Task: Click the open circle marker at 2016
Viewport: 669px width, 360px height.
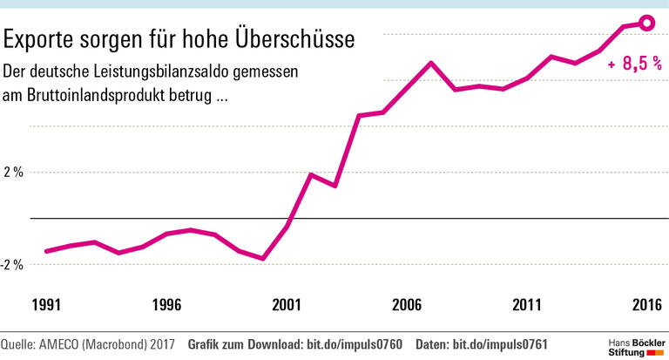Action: click(646, 24)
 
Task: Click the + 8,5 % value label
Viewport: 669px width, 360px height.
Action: click(634, 65)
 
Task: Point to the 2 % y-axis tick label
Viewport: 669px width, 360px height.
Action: click(13, 173)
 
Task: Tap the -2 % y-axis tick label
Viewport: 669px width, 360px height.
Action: click(11, 264)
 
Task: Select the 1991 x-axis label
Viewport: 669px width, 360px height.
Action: click(46, 305)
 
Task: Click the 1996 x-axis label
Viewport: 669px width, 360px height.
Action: click(166, 305)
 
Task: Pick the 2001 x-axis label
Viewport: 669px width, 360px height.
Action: click(287, 305)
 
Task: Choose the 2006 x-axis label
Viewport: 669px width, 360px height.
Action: click(407, 305)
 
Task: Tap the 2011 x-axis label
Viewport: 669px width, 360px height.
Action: click(527, 305)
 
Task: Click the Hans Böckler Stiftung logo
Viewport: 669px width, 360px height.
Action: click(635, 343)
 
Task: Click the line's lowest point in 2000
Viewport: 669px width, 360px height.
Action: click(263, 259)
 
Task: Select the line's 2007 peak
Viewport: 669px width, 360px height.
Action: click(431, 63)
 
